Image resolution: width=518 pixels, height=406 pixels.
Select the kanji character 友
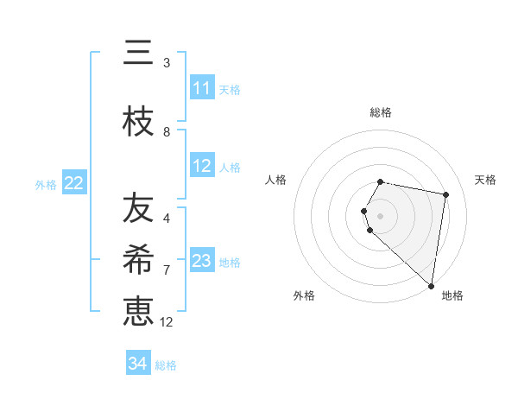pyautogui.click(x=138, y=208)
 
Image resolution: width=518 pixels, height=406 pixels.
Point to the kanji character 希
pyautogui.click(x=138, y=260)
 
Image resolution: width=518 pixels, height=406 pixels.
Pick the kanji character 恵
pyautogui.click(x=138, y=310)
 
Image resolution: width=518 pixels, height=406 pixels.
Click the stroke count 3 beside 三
pyautogui.click(x=167, y=63)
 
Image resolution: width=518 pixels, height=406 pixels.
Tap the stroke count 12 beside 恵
pyautogui.click(x=167, y=321)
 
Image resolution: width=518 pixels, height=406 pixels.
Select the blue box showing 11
pyautogui.click(x=202, y=88)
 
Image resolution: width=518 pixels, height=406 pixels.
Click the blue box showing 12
pyautogui.click(x=202, y=166)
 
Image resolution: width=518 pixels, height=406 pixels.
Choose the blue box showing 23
pyautogui.click(x=202, y=261)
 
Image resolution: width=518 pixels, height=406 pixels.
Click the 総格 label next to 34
pyautogui.click(x=166, y=365)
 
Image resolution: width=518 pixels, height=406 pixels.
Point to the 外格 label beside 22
pyautogui.click(x=46, y=184)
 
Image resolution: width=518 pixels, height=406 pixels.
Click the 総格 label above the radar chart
pyautogui.click(x=381, y=112)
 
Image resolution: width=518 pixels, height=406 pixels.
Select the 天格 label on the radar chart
pyautogui.click(x=486, y=180)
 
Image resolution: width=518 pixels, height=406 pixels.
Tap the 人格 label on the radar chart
pyautogui.click(x=275, y=180)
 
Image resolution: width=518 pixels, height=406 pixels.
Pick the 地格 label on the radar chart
pyautogui.click(x=452, y=296)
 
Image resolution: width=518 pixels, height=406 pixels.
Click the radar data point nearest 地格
pyautogui.click(x=431, y=285)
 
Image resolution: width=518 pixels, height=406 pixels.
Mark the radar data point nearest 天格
pyautogui.click(x=445, y=194)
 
